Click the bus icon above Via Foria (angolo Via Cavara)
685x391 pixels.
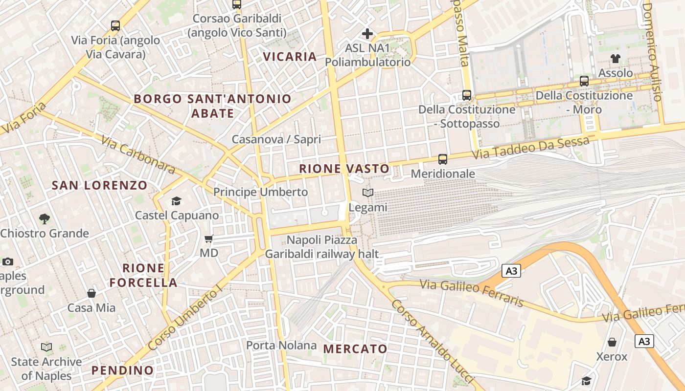[x=115, y=26]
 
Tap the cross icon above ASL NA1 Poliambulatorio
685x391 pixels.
[x=367, y=34]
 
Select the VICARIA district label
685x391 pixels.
[x=290, y=57]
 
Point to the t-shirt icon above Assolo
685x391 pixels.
[x=616, y=59]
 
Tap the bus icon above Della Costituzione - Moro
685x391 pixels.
[x=584, y=81]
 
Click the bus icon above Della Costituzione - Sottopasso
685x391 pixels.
[x=467, y=95]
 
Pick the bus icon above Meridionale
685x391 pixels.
[x=443, y=159]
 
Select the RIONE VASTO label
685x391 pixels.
[x=344, y=169]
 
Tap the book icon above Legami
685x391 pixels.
[x=368, y=193]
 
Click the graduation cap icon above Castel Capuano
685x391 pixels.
[x=176, y=201]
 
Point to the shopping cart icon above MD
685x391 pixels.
[x=209, y=239]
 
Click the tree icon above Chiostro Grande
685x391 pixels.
[x=45, y=218]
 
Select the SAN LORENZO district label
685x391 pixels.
[x=99, y=186]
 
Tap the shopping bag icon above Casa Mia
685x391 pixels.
[x=91, y=293]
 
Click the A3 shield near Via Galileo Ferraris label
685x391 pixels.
[x=511, y=271]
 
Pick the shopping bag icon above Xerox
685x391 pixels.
[x=612, y=342]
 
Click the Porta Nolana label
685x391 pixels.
[x=281, y=346]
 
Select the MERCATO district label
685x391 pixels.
[x=356, y=349]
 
